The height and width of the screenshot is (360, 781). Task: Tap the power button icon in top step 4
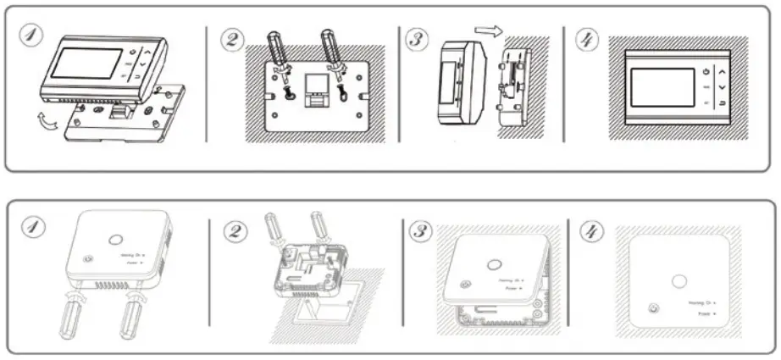[x=706, y=73]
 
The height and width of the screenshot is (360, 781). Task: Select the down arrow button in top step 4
[x=722, y=87]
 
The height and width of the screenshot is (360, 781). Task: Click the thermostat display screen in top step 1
[x=86, y=64]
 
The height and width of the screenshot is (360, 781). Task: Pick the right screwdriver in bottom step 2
[x=321, y=229]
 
